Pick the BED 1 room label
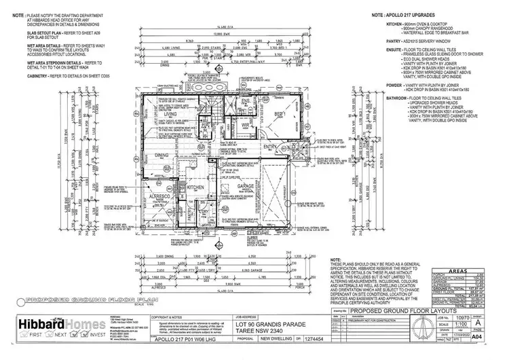pos(279,114)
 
